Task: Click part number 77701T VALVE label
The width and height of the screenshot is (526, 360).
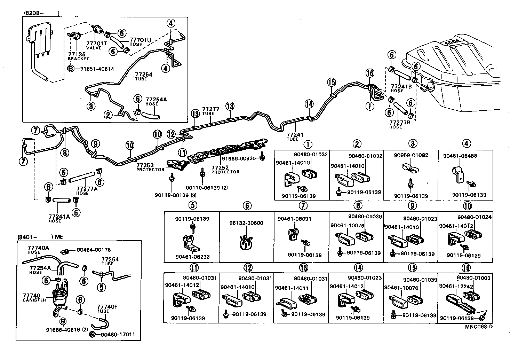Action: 94,46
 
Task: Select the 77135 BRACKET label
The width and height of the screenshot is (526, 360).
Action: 76,56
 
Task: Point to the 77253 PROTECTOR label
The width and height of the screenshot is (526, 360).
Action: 150,167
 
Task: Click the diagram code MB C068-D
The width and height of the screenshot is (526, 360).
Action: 479,327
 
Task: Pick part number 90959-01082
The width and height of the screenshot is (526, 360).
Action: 411,155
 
